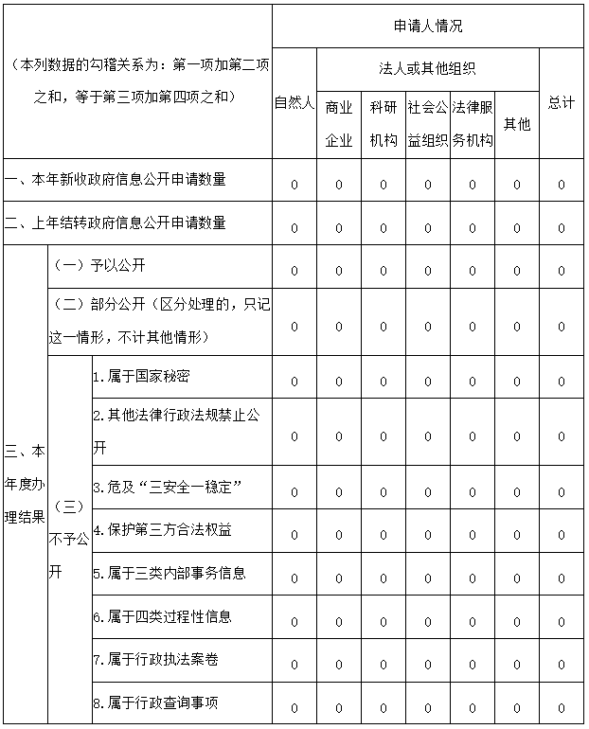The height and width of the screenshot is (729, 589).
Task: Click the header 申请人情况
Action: [x=427, y=27]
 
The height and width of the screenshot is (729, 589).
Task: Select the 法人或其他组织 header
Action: [x=427, y=69]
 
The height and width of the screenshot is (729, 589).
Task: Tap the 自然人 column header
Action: [x=294, y=102]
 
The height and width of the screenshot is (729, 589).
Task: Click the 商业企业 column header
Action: [x=338, y=124]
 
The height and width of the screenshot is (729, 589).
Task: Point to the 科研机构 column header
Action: [x=383, y=124]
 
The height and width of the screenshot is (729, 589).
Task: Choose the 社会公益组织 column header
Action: [x=427, y=124]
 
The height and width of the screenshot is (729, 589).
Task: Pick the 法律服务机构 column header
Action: [x=472, y=124]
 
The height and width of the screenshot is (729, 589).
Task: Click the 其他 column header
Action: [x=516, y=124]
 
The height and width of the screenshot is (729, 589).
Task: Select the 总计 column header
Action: [x=561, y=102]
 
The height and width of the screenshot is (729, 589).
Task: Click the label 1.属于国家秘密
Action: [x=142, y=376]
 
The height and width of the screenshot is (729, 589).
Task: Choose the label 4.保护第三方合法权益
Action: [x=162, y=529]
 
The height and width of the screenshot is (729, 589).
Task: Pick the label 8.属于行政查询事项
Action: [x=156, y=702]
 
